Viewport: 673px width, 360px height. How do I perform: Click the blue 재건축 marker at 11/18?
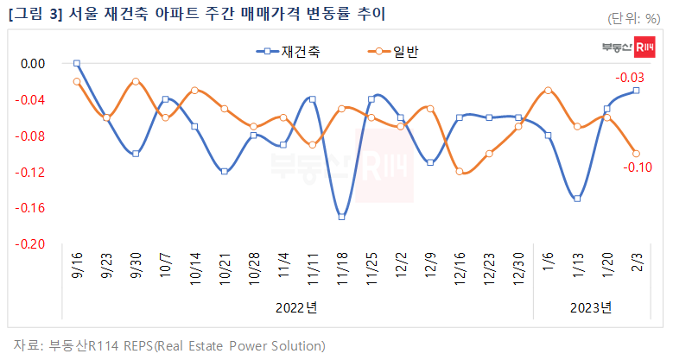click(x=342, y=217)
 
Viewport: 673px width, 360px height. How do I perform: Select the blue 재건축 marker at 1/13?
click(x=577, y=199)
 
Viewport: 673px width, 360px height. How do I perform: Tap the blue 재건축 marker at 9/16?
click(x=77, y=63)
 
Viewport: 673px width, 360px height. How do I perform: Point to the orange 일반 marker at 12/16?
click(x=460, y=172)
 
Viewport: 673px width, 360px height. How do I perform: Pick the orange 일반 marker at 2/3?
click(x=636, y=154)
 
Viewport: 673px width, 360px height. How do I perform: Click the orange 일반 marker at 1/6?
click(x=548, y=90)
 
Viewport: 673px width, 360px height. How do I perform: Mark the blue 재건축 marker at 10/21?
click(x=225, y=171)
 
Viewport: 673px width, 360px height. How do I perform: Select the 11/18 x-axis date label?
click(x=343, y=267)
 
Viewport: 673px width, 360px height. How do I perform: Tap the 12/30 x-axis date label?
click(x=519, y=267)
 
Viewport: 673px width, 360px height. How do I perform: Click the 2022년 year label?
click(x=297, y=307)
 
